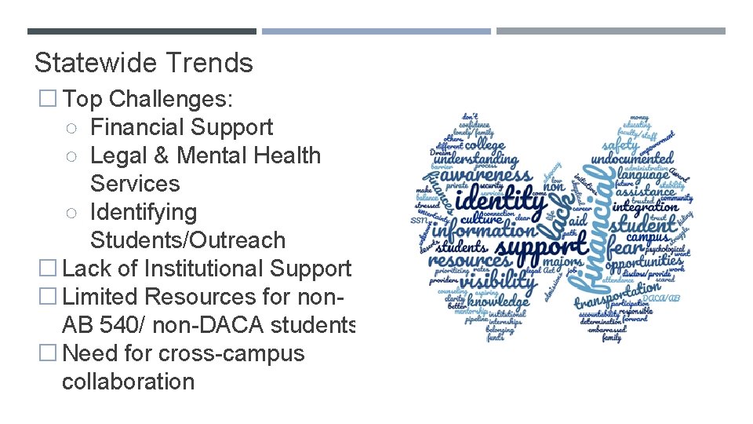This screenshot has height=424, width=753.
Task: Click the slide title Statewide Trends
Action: click(144, 62)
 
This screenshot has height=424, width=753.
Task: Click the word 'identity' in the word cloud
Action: click(501, 199)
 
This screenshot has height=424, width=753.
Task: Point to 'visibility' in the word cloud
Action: click(497, 279)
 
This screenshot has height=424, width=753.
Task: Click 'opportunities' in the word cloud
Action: click(646, 260)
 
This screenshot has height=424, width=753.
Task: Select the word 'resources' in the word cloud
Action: click(469, 260)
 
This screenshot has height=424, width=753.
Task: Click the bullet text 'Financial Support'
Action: click(181, 127)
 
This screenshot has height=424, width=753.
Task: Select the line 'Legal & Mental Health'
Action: click(206, 155)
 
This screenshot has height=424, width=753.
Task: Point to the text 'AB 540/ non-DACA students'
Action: click(209, 325)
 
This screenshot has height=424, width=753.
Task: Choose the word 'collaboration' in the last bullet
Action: click(128, 382)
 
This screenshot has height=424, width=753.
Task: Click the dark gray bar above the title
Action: click(141, 31)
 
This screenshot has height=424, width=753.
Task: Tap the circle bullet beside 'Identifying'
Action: click(71, 212)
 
